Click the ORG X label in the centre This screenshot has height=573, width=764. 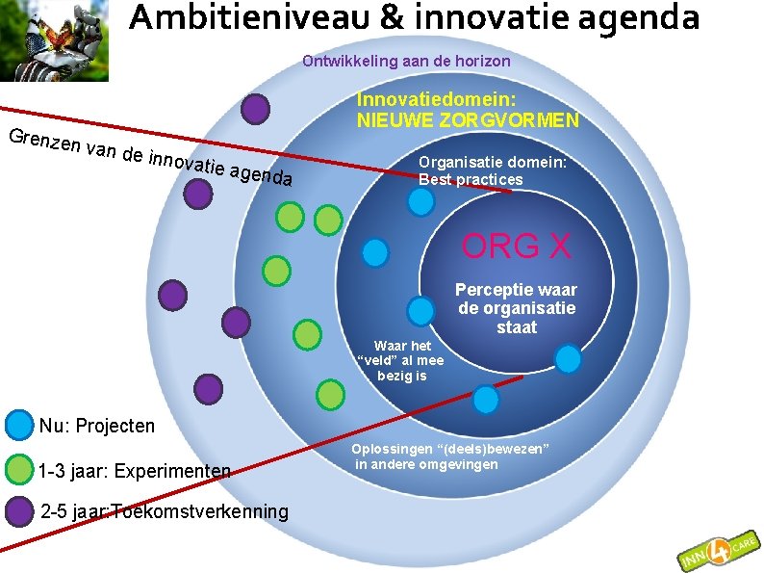(516, 247)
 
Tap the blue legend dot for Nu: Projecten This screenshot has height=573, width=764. (18, 426)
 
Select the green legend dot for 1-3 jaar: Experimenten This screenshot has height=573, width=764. (18, 470)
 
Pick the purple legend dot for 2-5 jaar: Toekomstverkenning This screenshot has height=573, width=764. (18, 511)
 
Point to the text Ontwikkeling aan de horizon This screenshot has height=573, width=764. (406, 62)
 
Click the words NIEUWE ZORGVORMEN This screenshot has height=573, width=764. (468, 120)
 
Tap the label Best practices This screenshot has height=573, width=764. (471, 180)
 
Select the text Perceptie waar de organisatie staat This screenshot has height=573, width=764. (516, 308)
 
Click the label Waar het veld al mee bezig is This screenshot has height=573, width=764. (400, 360)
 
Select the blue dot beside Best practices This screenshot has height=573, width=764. (420, 201)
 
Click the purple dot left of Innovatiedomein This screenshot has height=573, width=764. (254, 109)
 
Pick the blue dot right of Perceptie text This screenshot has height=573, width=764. (568, 359)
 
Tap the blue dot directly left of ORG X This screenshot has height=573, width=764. (374, 252)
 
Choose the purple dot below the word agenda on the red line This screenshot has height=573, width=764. (197, 195)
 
